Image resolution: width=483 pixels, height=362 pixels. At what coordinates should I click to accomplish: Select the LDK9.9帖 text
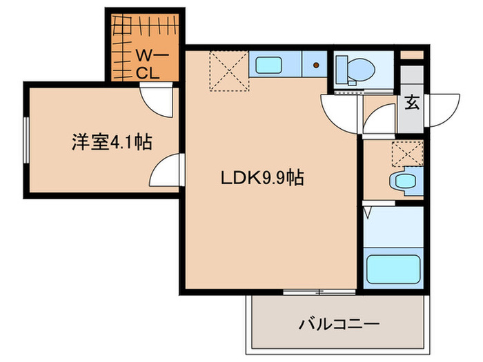[x=262, y=178]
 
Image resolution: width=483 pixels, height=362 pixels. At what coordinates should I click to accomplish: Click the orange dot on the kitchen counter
[x=316, y=66]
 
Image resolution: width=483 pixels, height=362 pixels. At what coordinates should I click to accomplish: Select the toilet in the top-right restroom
[x=353, y=68]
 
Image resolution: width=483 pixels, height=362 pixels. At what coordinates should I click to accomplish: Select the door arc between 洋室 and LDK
[x=166, y=171]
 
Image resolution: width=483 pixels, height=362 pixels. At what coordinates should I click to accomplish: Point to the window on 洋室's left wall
[x=25, y=141]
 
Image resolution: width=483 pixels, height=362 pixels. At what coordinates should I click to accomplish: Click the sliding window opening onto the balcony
[x=319, y=292]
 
